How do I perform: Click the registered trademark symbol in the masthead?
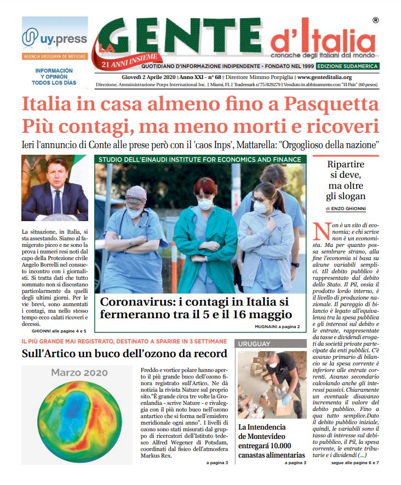[375, 20]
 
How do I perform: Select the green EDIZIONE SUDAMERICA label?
[348, 66]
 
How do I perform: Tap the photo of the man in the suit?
[55, 188]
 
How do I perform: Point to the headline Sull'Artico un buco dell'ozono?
[124, 353]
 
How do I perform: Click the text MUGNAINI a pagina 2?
[277, 327]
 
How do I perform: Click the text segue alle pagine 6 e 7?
[355, 463]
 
